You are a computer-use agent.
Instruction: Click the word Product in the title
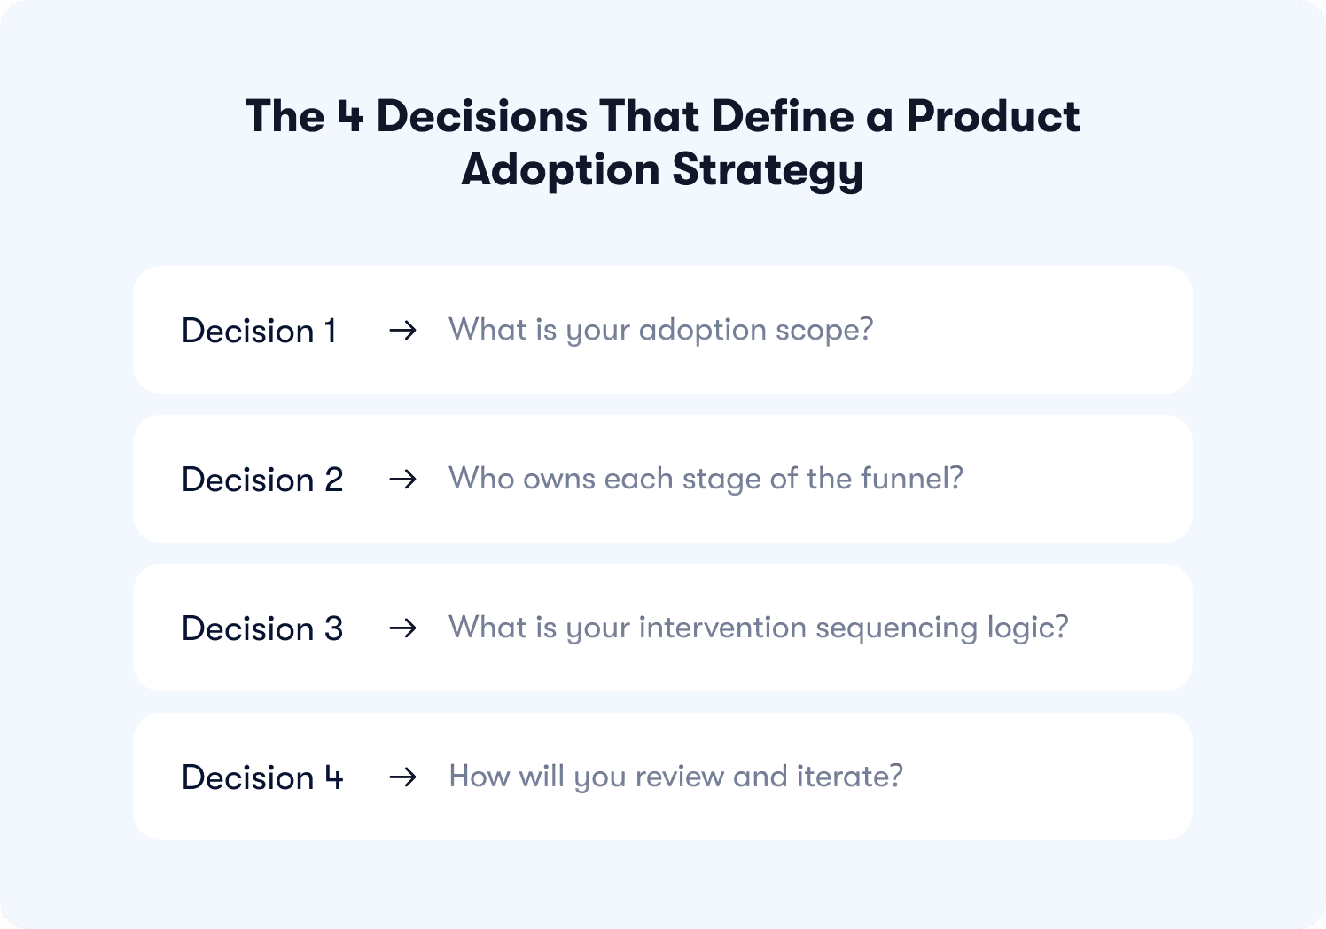click(x=994, y=116)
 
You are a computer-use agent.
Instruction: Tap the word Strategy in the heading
click(x=768, y=170)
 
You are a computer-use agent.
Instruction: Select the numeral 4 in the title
click(x=350, y=116)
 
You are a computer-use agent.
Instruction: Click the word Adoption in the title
click(x=560, y=170)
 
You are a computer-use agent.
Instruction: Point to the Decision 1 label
click(x=259, y=331)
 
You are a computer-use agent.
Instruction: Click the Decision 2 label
click(x=262, y=480)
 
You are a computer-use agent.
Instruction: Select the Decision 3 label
click(x=262, y=628)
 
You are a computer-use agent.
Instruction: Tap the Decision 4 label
click(x=262, y=777)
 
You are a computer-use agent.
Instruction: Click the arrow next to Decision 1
click(x=402, y=331)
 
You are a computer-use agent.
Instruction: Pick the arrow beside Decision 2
click(x=402, y=479)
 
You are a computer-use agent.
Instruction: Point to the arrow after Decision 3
click(x=402, y=628)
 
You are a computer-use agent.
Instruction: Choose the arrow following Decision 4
click(x=402, y=777)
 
